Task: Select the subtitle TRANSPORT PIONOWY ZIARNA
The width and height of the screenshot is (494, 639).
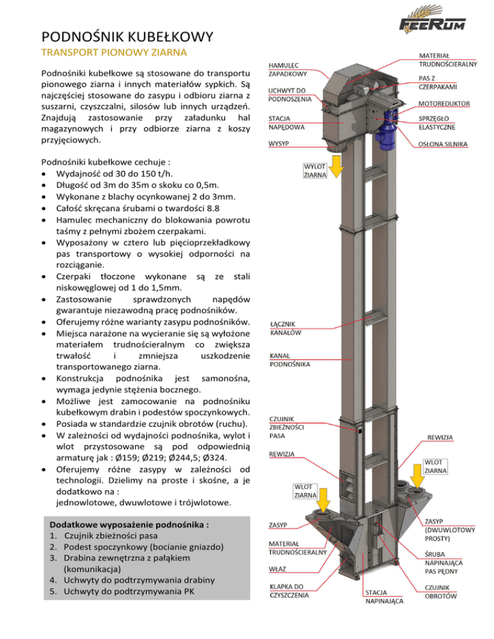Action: pyautogui.click(x=114, y=51)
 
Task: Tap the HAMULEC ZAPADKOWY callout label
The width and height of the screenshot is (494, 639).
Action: pyautogui.click(x=288, y=70)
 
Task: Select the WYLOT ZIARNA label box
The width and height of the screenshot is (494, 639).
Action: pyautogui.click(x=316, y=170)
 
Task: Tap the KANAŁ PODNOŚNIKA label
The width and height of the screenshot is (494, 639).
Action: pyautogui.click(x=290, y=360)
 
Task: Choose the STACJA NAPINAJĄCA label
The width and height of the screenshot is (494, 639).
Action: pyautogui.click(x=384, y=597)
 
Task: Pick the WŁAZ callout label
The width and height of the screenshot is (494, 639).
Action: pyautogui.click(x=278, y=568)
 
